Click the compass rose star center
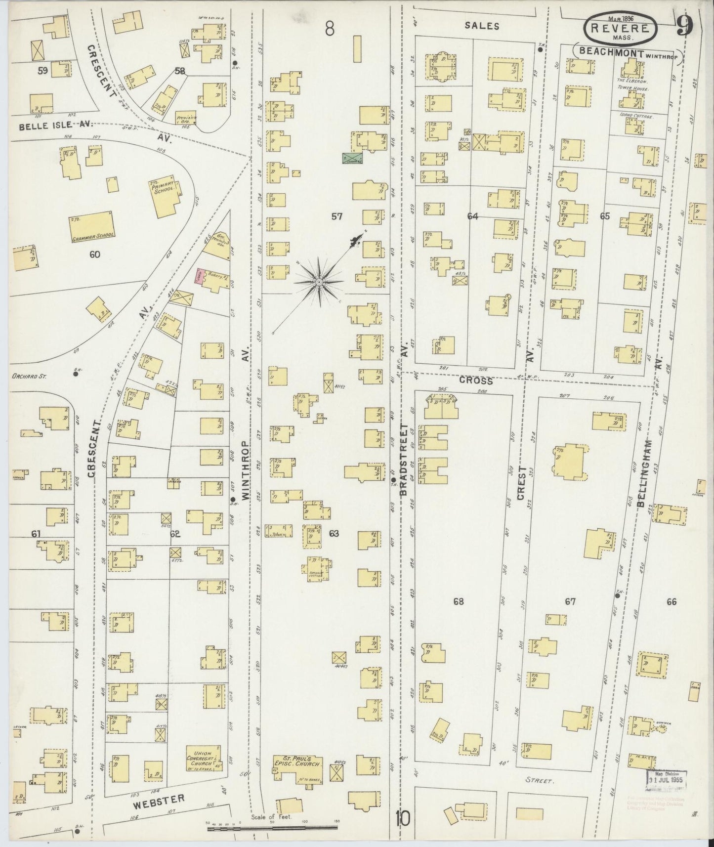click(319, 282)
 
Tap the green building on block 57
click(352, 159)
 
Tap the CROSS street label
click(476, 381)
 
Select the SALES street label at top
click(482, 26)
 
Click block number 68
click(459, 601)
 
